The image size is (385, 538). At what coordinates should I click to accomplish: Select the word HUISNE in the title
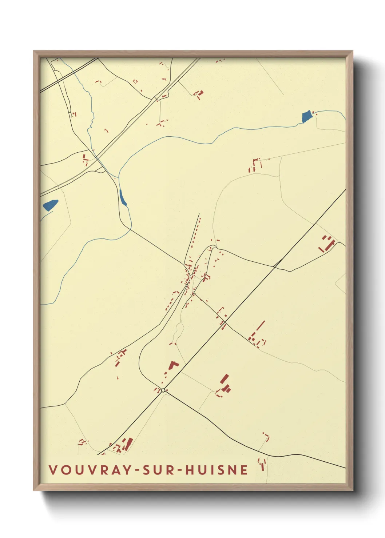217,470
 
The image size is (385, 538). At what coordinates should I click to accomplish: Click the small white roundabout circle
163,390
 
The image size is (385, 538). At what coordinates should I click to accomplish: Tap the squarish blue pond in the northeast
307,116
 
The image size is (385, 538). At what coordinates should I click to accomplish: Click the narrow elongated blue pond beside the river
123,198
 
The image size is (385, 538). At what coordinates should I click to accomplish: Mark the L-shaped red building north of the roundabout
172,365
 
